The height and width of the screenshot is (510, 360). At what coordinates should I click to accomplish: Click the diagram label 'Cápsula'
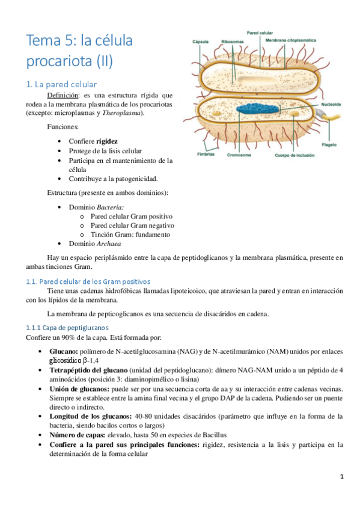(x=201, y=43)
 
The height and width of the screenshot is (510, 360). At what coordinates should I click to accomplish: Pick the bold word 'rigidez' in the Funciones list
(x=107, y=141)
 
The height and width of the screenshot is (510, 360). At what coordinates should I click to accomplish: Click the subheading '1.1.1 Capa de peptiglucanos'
(x=67, y=327)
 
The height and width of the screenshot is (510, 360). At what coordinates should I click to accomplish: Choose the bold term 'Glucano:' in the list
(x=64, y=351)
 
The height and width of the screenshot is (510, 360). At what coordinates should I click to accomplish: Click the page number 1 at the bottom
(x=341, y=477)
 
